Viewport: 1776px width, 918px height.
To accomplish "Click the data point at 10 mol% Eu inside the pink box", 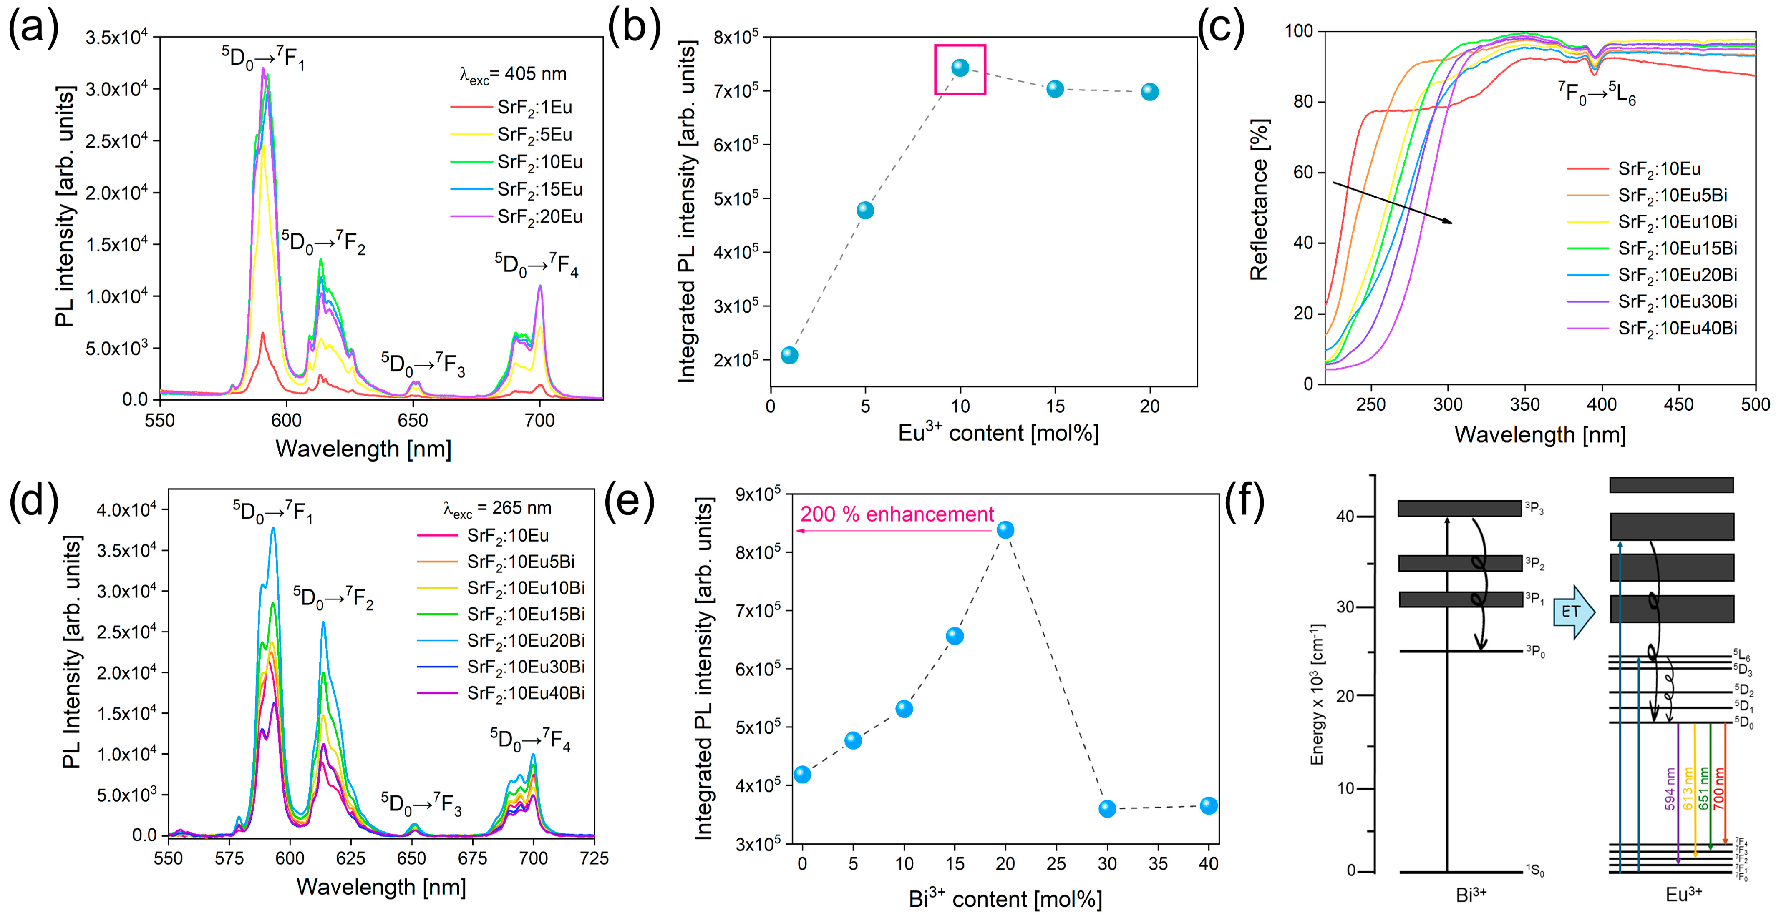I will point(960,68).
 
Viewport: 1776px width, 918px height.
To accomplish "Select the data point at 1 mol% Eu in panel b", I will point(789,355).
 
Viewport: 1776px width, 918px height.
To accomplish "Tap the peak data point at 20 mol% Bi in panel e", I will point(1005,530).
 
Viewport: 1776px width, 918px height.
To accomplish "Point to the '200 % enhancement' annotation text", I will point(896,514).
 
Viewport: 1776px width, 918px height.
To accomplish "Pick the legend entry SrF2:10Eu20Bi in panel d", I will point(525,640).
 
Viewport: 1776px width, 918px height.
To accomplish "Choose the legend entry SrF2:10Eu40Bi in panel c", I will point(1677,328).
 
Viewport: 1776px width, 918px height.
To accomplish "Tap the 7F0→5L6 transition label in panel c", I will point(1597,93).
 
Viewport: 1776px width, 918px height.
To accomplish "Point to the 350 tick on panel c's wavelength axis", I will point(1524,404).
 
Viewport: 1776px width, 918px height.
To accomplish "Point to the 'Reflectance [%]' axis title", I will point(1259,200).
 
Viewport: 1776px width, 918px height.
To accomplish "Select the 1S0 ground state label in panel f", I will point(1535,872).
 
